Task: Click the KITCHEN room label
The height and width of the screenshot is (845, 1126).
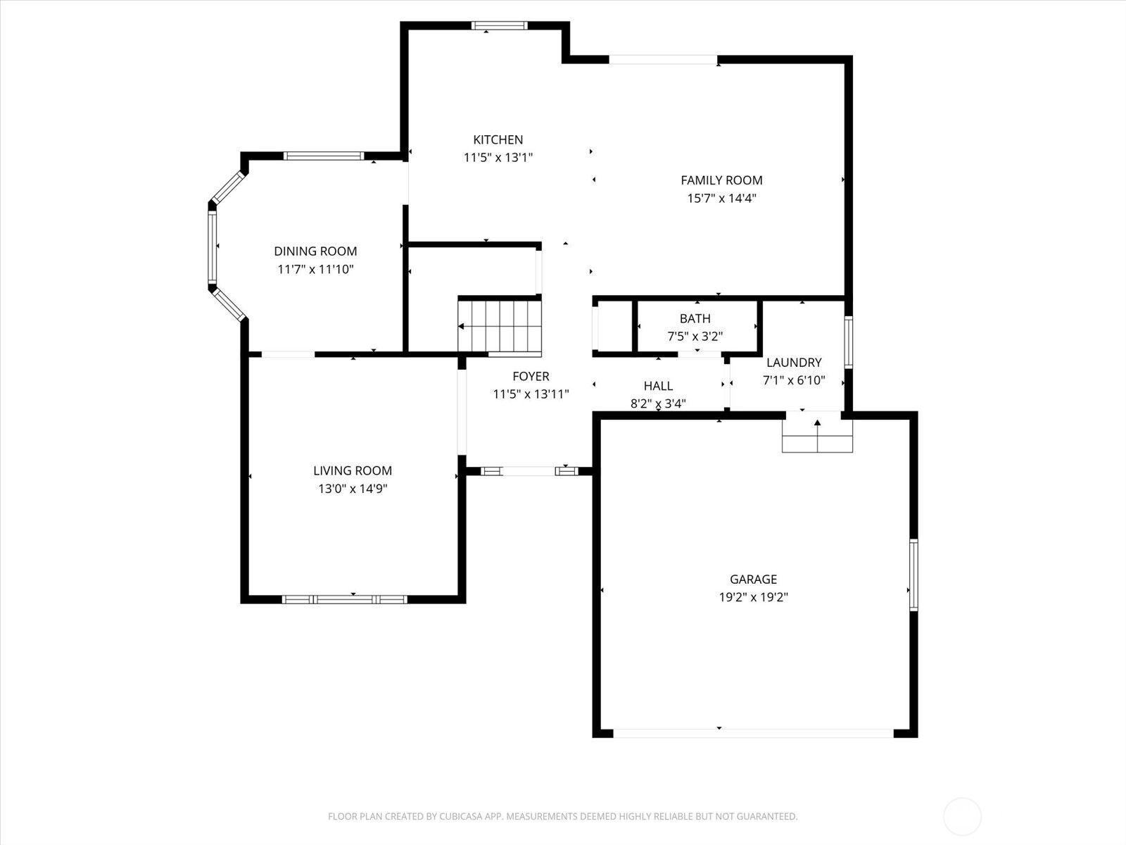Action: tap(498, 139)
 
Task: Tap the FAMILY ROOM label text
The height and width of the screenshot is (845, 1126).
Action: tap(721, 180)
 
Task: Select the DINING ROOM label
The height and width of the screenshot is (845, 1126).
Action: tap(315, 251)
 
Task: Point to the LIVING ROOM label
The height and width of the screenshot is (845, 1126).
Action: tap(353, 470)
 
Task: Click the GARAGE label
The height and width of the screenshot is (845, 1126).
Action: tap(753, 580)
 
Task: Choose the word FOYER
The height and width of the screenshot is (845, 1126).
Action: tap(531, 376)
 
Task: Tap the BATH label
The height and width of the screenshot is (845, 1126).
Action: tap(695, 318)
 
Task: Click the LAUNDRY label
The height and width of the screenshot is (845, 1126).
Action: tap(794, 362)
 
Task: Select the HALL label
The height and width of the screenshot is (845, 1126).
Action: tap(658, 386)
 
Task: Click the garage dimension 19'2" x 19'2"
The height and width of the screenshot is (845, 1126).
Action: tap(753, 597)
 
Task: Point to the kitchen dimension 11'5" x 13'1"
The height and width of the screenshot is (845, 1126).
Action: tap(498, 158)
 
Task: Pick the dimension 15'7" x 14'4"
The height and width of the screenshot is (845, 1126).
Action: tap(722, 198)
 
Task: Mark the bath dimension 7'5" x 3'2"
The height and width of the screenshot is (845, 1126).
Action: tap(695, 336)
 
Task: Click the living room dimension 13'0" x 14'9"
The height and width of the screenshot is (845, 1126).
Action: tap(353, 489)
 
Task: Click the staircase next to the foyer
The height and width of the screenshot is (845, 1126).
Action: tap(500, 327)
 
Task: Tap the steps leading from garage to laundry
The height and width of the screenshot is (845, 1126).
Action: tap(817, 435)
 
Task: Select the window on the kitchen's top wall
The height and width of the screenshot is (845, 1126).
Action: tap(499, 25)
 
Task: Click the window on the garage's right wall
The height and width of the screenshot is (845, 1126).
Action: tap(913, 575)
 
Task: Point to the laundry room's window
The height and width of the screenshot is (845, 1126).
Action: tap(849, 342)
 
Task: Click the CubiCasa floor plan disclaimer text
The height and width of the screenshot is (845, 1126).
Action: tap(563, 816)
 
